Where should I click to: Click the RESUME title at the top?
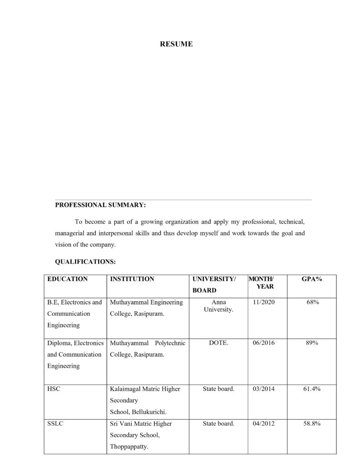tap(176, 44)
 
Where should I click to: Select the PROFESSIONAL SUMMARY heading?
tap(100, 205)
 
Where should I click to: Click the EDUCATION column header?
tap(67, 279)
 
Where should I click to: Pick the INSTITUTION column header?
tap(132, 279)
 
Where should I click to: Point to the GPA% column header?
tap(312, 279)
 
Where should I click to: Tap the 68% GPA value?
tap(312, 302)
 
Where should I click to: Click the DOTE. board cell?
tap(218, 343)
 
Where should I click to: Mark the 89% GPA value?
tap(312, 343)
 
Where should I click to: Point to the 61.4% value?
tap(312, 389)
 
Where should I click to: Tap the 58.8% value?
tap(312, 423)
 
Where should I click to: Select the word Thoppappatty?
tap(129, 446)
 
